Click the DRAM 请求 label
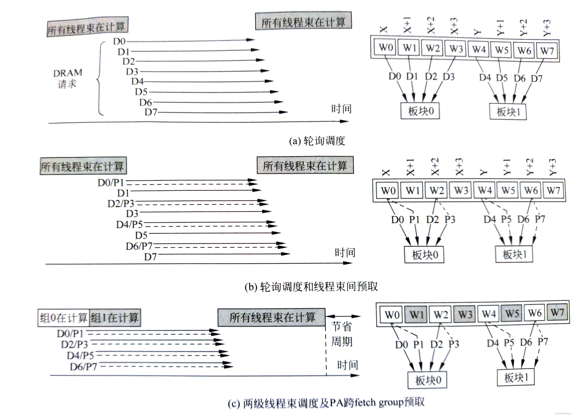click(68, 79)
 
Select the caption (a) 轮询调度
click(317, 141)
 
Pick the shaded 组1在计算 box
click(115, 317)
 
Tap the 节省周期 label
click(342, 334)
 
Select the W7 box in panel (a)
click(547, 51)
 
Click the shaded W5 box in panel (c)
click(512, 313)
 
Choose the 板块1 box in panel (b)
click(514, 254)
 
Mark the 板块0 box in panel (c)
click(427, 380)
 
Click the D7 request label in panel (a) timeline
click(151, 112)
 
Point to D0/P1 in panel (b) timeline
click(111, 182)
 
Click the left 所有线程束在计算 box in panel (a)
click(87, 27)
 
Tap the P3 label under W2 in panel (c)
click(454, 344)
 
